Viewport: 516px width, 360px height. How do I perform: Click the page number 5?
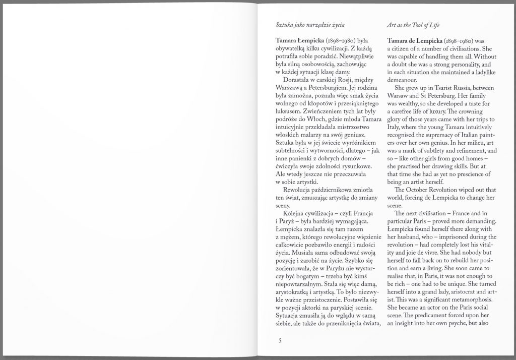[280, 340]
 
